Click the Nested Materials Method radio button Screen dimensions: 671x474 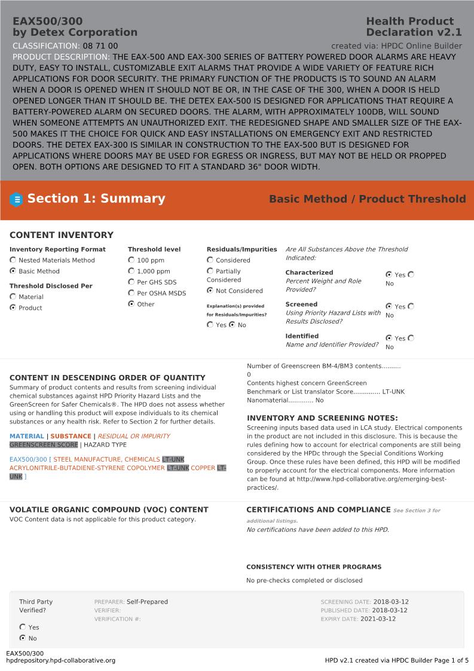13,260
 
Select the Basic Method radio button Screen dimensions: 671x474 13,271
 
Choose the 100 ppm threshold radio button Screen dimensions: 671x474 132,260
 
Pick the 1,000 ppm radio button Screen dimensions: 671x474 132,271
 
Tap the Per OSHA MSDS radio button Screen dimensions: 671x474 132,293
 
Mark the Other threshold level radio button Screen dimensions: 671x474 132,304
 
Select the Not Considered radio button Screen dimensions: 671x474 210,291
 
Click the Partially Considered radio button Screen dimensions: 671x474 210,271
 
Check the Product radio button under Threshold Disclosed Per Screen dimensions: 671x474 13,307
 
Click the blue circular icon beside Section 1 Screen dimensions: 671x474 17,200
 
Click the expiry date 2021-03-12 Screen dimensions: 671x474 378,619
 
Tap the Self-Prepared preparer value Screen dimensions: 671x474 147,602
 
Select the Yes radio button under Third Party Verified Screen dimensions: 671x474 23,627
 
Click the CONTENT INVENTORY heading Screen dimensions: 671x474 61,235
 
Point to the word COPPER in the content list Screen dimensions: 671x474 203,468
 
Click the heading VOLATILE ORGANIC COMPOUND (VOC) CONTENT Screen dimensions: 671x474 109,510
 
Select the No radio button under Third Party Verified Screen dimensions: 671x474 23,638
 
